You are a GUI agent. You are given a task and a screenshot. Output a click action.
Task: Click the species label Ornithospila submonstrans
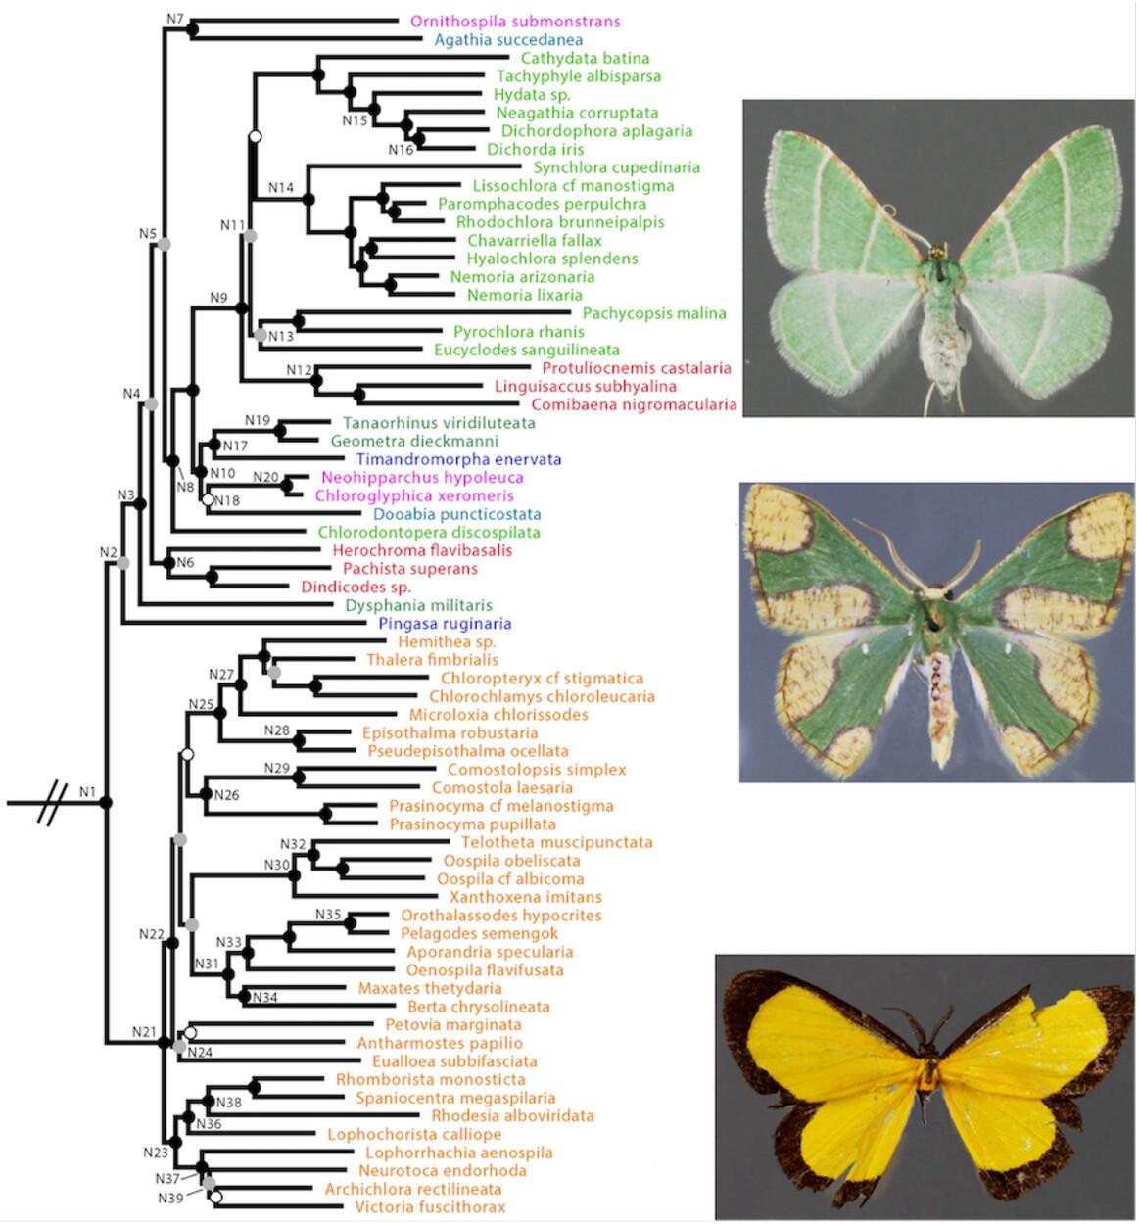[x=515, y=22]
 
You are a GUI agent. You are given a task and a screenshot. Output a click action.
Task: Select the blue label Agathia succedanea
[x=508, y=40]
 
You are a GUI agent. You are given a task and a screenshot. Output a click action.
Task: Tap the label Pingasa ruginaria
[x=445, y=624]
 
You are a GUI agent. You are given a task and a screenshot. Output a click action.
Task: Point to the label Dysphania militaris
[x=418, y=605]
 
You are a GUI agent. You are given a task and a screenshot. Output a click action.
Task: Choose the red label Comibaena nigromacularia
[x=634, y=404]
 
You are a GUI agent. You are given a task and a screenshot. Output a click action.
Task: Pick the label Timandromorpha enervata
[x=458, y=459]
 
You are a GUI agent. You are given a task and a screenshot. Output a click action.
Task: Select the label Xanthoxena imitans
[x=525, y=897]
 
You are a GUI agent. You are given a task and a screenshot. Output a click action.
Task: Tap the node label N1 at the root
[x=88, y=791]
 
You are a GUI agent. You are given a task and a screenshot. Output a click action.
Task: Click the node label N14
[x=281, y=187]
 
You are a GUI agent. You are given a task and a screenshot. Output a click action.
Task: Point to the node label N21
[x=144, y=1032]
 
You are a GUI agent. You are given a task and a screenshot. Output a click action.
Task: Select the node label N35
[x=328, y=915]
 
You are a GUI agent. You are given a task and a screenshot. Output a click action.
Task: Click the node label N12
[x=299, y=369]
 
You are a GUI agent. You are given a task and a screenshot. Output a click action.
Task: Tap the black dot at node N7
[x=193, y=31]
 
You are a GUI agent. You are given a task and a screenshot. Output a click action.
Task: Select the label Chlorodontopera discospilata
[x=429, y=533]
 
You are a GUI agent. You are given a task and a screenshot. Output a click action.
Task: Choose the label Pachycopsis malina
[x=654, y=313]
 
